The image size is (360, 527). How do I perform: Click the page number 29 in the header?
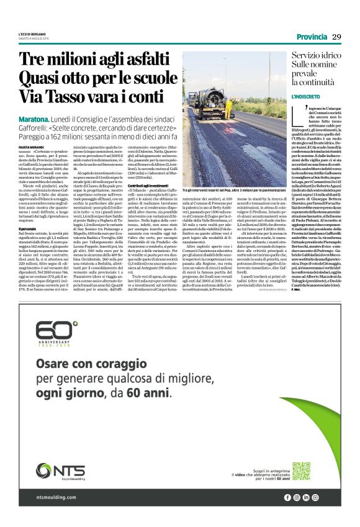click(336, 36)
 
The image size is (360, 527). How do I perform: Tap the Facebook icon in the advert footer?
click(287, 497)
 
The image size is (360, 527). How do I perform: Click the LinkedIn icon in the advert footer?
click(307, 497)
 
